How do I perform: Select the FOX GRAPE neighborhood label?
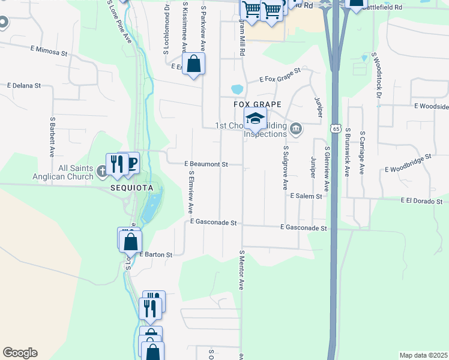coord(257,104)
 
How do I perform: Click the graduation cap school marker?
coord(255,119)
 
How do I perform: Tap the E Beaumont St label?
coord(206,164)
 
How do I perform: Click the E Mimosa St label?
coord(49,52)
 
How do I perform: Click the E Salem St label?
coord(306,196)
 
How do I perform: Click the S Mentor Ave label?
coord(242,271)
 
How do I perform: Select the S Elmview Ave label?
coord(190,193)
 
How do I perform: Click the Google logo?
coord(20,353)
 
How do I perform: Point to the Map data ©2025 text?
coord(423,355)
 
